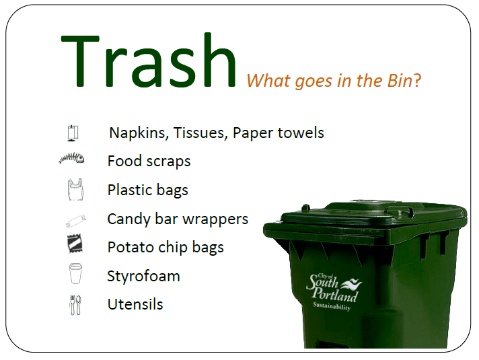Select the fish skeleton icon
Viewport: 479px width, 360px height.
[71, 159]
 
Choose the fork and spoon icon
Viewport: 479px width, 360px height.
[75, 304]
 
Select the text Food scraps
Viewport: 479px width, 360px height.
[149, 161]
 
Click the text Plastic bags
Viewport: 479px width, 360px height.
[147, 190]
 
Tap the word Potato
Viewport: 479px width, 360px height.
[129, 248]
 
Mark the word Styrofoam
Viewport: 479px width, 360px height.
[143, 277]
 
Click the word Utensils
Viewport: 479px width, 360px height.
[135, 304]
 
